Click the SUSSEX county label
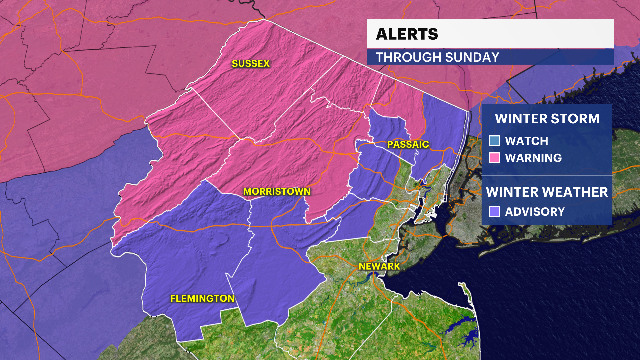pyautogui.click(x=251, y=63)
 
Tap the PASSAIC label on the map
pyautogui.click(x=408, y=144)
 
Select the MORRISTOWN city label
pyautogui.click(x=277, y=191)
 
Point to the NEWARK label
pyautogui.click(x=379, y=266)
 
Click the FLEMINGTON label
pyautogui.click(x=202, y=298)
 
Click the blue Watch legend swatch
pyautogui.click(x=495, y=141)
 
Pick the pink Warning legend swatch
pyautogui.click(x=495, y=158)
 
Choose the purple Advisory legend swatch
pyautogui.click(x=495, y=211)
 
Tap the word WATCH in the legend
pyautogui.click(x=526, y=141)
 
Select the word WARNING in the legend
pyautogui.click(x=533, y=158)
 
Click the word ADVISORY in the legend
pyautogui.click(x=535, y=212)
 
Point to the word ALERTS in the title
pyautogui.click(x=407, y=34)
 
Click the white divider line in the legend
pyautogui.click(x=547, y=175)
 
